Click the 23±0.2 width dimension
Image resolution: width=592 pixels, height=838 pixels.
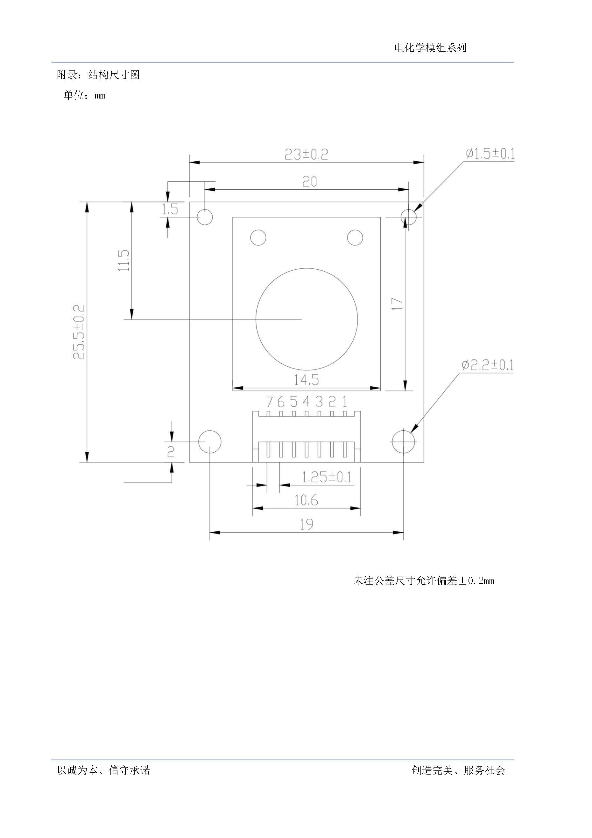[x=306, y=154]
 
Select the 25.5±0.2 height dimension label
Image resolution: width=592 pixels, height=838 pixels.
[x=79, y=332]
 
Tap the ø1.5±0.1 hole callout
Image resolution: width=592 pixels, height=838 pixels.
[x=490, y=154]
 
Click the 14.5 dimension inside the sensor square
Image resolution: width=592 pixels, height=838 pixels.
[x=306, y=380]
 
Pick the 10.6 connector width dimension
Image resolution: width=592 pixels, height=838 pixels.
[x=306, y=500]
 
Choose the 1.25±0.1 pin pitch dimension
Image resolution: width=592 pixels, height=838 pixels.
[x=327, y=477]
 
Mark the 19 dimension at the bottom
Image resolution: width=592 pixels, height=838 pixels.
[x=306, y=524]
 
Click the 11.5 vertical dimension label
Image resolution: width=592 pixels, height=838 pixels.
[x=124, y=260]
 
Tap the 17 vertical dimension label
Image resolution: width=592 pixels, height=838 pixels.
[x=397, y=304]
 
